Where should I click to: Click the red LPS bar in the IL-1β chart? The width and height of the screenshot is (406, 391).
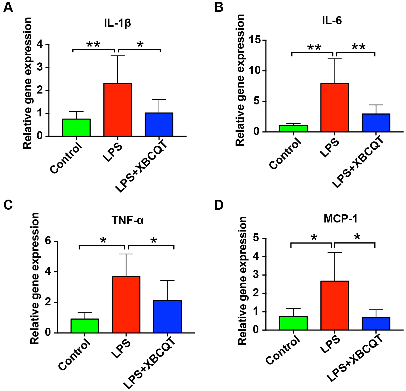pyautogui.click(x=118, y=110)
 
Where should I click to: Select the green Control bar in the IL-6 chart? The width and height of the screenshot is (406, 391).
pyautogui.click(x=293, y=129)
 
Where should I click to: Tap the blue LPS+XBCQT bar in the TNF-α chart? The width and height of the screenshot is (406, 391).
pyautogui.click(x=167, y=317)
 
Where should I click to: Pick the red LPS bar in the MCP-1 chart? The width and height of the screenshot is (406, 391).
pyautogui.click(x=335, y=305)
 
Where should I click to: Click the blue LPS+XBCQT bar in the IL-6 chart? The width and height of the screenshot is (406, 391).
pyautogui.click(x=376, y=123)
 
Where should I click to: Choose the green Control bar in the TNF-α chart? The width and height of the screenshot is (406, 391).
pyautogui.click(x=85, y=326)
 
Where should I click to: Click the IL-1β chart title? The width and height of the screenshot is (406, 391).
pyautogui.click(x=118, y=23)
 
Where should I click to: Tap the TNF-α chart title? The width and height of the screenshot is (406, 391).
pyautogui.click(x=127, y=220)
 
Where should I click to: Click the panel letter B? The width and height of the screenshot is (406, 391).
pyautogui.click(x=219, y=7)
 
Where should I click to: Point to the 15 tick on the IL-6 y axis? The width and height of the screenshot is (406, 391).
pyautogui.click(x=255, y=40)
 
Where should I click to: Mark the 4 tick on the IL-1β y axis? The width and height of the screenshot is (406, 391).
pyautogui.click(x=40, y=45)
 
